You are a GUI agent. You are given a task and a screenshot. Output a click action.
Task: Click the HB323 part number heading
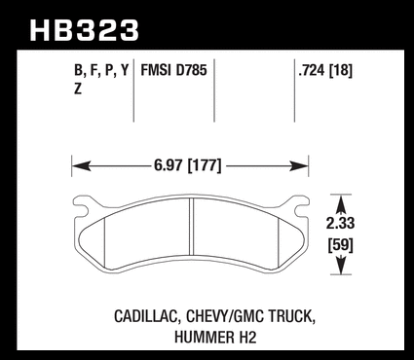84,30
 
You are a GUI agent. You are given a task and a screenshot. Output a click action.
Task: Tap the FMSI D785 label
173,70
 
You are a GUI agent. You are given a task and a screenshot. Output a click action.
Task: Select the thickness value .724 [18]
325,70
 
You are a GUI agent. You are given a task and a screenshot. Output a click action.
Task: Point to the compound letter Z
78,89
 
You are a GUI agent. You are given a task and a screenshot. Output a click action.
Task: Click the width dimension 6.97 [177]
188,165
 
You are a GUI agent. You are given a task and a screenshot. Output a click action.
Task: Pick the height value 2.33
340,223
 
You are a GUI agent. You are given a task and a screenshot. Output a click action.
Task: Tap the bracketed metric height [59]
340,245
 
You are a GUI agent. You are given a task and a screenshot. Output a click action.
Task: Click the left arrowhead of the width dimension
81,166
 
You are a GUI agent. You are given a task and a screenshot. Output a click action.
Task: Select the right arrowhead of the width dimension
299,166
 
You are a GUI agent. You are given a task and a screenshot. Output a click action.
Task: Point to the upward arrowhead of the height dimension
341,203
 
